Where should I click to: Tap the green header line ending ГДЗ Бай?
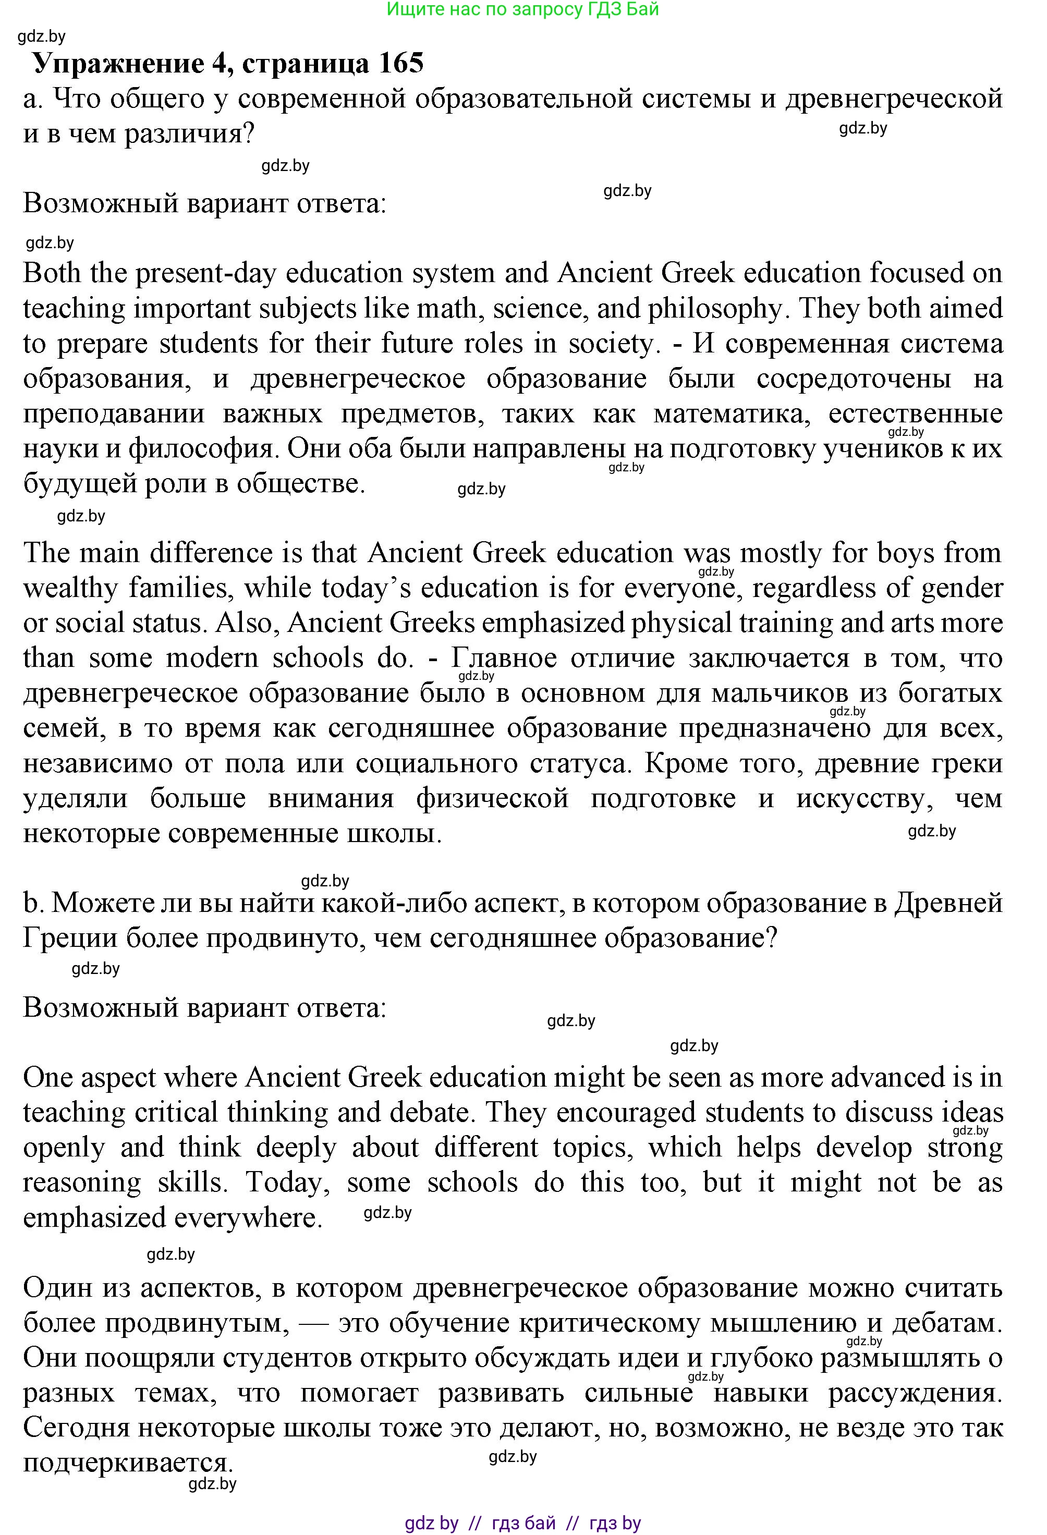pyautogui.click(x=522, y=9)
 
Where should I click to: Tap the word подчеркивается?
pyautogui.click(x=129, y=1463)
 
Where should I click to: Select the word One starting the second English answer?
pyautogui.click(x=48, y=1077)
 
